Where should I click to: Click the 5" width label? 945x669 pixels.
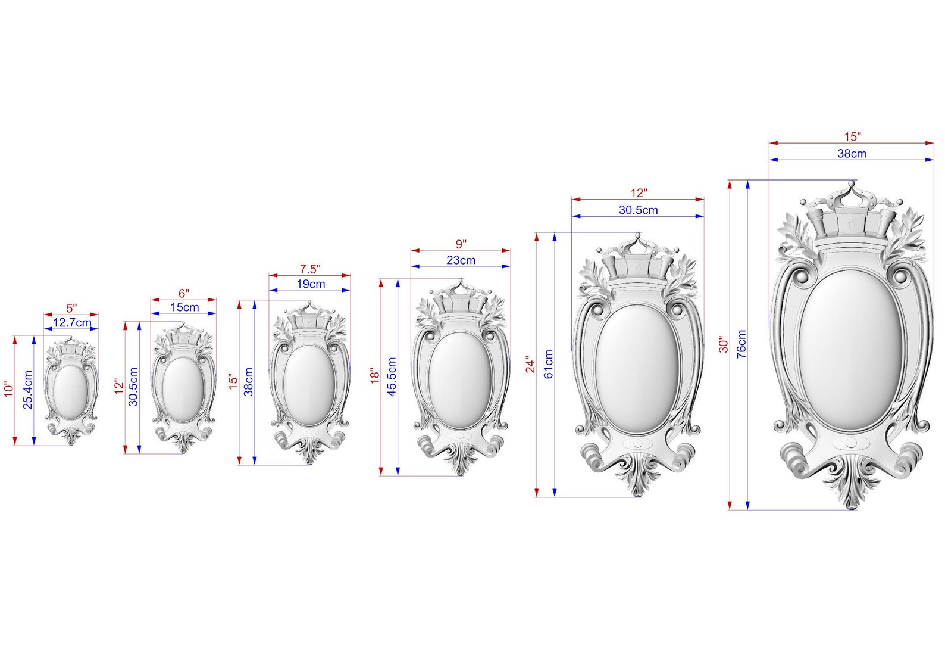tap(72, 308)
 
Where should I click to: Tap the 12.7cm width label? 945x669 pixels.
tap(72, 323)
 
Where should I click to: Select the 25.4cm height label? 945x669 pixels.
tap(28, 390)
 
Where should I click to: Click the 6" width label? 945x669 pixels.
tap(184, 293)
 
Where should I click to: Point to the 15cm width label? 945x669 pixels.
tap(184, 307)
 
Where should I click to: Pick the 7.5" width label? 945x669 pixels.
tap(310, 269)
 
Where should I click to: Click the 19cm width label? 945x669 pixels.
tap(311, 284)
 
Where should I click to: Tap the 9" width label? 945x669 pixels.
tap(461, 244)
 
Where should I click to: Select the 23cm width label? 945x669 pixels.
tap(461, 260)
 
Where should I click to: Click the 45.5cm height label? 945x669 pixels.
tap(392, 376)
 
